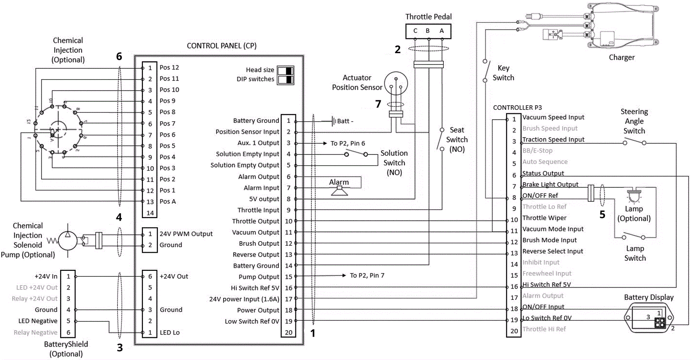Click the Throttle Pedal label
click(x=428, y=17)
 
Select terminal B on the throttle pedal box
click(x=428, y=31)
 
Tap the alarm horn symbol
click(x=340, y=190)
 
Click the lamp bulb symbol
click(x=634, y=196)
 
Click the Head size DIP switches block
click(x=285, y=75)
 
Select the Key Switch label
click(x=503, y=73)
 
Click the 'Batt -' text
click(x=345, y=121)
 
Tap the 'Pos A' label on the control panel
click(x=167, y=201)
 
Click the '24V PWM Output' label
click(x=186, y=234)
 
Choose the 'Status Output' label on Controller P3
click(x=543, y=173)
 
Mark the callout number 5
click(x=602, y=215)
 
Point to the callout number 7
click(x=378, y=104)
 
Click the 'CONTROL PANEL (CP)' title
click(x=221, y=45)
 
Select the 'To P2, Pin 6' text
click(x=348, y=143)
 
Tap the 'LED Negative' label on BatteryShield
click(x=38, y=321)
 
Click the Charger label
click(x=622, y=58)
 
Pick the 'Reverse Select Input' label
click(x=552, y=251)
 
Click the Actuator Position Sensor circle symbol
click(x=396, y=84)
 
